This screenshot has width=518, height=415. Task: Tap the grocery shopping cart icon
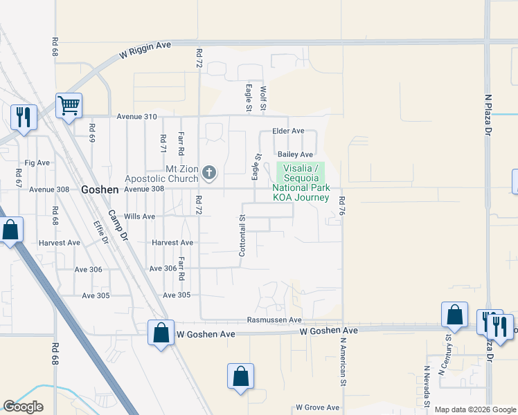[x=69, y=106]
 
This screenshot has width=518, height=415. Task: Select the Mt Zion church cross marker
[x=209, y=172]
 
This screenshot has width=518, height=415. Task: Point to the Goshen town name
[x=100, y=189]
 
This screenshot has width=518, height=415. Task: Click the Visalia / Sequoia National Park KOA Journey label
[x=301, y=183]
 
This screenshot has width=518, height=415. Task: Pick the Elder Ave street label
[x=289, y=131]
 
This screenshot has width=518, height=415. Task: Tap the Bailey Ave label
[x=295, y=154]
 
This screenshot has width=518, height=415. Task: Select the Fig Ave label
[x=37, y=163]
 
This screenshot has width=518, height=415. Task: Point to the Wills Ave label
[x=139, y=216]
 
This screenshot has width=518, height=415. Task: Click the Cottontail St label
[x=242, y=236]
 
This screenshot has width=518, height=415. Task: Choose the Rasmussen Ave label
[x=275, y=320]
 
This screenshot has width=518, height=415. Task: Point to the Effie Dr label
[x=101, y=232]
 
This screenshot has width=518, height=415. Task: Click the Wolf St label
[x=263, y=98]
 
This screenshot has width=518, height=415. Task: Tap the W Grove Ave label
[x=319, y=407]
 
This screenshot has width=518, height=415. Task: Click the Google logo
[x=23, y=407]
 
